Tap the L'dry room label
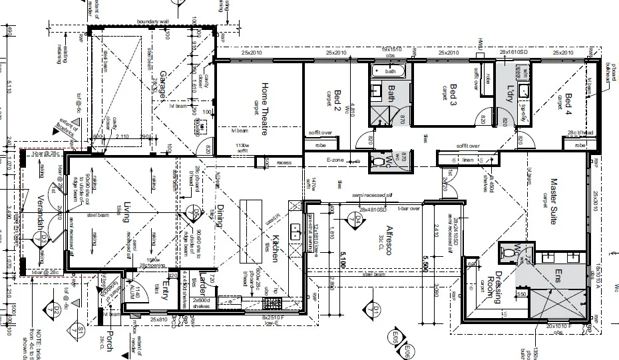click(x=511, y=94)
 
